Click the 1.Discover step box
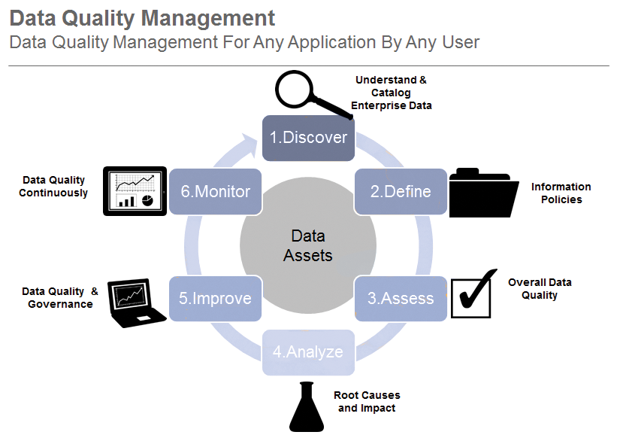(x=308, y=138)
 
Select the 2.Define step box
(x=401, y=191)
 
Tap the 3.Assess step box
(x=401, y=298)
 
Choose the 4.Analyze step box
(x=308, y=352)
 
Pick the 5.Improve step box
(x=215, y=298)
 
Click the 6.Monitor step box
(x=215, y=191)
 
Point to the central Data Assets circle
(x=308, y=245)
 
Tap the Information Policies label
(x=561, y=193)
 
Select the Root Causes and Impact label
(x=367, y=402)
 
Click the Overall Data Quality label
(x=540, y=289)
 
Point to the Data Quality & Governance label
(x=60, y=298)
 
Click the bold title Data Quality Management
(x=143, y=17)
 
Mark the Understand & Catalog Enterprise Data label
(x=392, y=93)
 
